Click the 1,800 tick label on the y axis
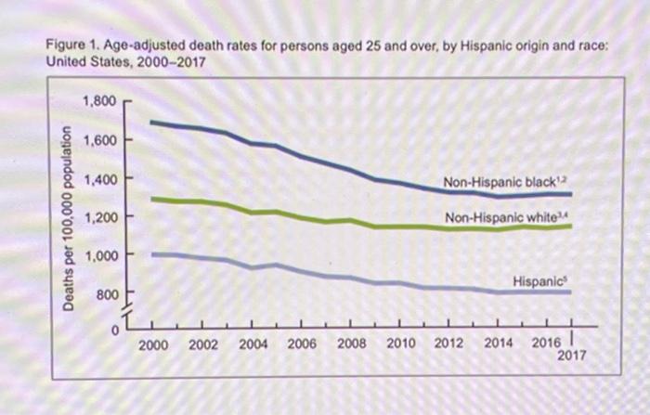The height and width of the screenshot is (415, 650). tap(98, 100)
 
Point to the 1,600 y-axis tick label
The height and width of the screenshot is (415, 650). tap(98, 140)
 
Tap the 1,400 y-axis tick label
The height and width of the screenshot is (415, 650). tap(98, 178)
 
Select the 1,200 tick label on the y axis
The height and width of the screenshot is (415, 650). tap(98, 217)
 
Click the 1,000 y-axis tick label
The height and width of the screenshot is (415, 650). tap(98, 255)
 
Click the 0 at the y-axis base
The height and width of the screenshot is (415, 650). tap(113, 328)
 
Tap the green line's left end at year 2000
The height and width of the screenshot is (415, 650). tap(152, 198)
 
